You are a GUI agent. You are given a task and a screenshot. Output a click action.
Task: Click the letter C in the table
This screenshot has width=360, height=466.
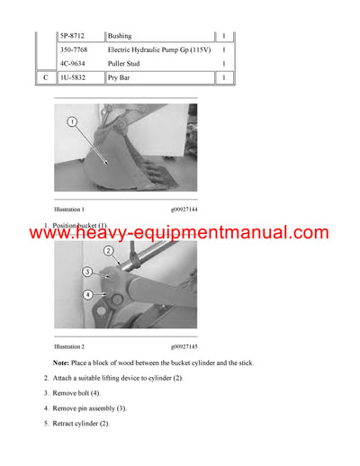(45, 78)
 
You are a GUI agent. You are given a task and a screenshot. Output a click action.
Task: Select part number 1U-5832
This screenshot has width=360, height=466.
(74, 78)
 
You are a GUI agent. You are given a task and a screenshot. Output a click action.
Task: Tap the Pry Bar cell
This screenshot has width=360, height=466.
(121, 78)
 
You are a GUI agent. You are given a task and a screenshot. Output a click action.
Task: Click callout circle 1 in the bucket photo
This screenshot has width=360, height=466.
(71, 121)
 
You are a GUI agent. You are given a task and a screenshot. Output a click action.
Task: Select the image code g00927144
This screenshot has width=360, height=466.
(184, 208)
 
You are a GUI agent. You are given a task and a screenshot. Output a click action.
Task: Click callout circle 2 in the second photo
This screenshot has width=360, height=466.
(108, 251)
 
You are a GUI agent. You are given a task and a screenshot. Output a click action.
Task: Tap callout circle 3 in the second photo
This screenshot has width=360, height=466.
(87, 272)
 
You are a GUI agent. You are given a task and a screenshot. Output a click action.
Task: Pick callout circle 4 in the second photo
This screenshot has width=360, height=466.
(87, 294)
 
